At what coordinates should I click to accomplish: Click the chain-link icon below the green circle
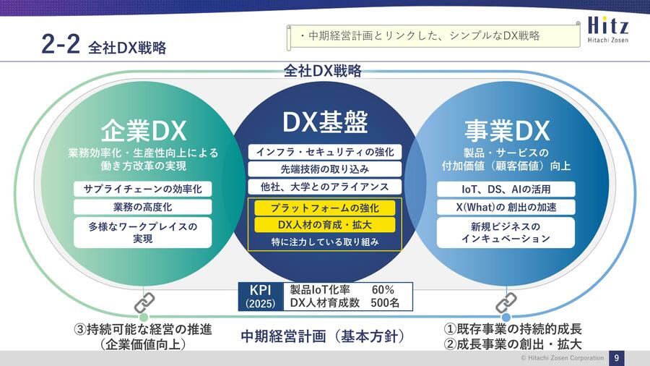coord(144,302)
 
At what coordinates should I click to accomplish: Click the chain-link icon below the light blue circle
coord(506,302)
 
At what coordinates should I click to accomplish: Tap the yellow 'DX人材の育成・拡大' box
coord(324,225)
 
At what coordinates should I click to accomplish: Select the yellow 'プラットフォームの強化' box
coord(324,208)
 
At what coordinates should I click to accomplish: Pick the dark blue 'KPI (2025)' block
coord(261,297)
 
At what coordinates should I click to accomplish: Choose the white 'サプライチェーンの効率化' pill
coord(142,189)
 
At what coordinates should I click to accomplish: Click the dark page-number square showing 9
coord(617,358)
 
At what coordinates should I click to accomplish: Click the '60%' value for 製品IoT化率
coord(383,289)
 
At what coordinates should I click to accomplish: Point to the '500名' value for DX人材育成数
coord(385,303)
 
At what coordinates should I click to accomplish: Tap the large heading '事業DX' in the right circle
coord(507,131)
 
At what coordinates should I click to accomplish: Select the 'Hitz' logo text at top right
coord(607,26)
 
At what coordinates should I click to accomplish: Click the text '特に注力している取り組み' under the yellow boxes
coord(325,242)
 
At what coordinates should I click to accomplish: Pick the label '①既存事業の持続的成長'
coord(513,329)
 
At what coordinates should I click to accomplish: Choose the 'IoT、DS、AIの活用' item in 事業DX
coord(506,190)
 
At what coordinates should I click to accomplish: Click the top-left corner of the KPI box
coord(239,283)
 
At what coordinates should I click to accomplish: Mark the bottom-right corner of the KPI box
coord(413,311)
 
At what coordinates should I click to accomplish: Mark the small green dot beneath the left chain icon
coord(144,318)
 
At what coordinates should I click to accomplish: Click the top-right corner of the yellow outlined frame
coord(402,198)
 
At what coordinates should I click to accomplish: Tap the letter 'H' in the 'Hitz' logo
coord(593,26)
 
